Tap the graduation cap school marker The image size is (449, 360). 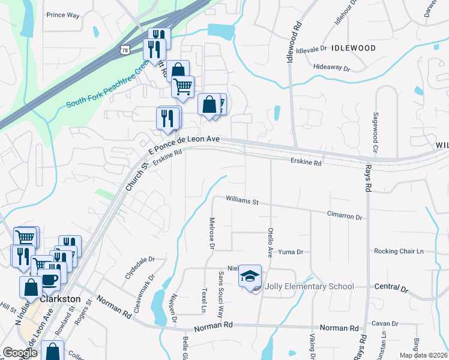point(250,276)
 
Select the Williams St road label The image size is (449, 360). point(242,200)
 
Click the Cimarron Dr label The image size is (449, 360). point(345,215)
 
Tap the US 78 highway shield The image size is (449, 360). point(123,51)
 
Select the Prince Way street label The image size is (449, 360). point(63,15)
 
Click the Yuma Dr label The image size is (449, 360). point(291,253)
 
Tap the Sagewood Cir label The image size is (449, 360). point(375,131)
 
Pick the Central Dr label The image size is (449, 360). point(391,289)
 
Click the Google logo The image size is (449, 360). point(19,353)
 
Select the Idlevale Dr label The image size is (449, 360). point(311,48)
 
